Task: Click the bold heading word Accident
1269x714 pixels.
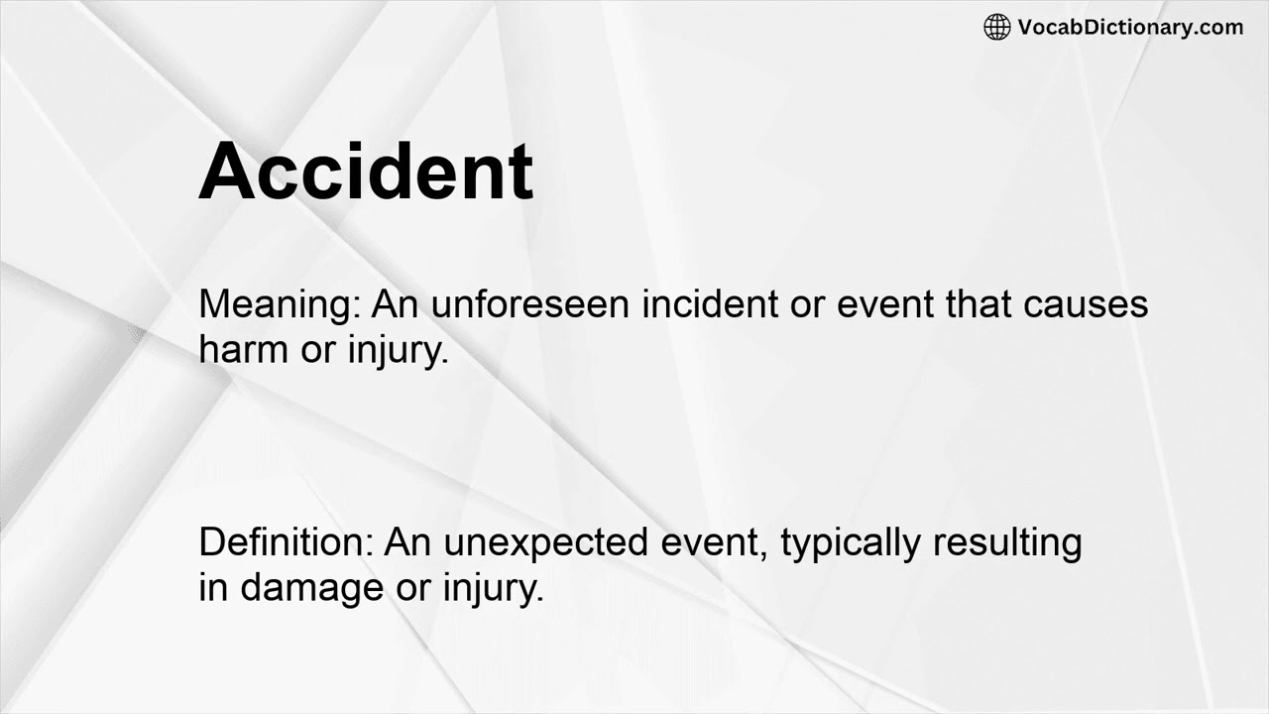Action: pos(366,173)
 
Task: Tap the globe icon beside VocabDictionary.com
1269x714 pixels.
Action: pos(996,27)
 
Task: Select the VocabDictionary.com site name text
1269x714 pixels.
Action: pos(1130,27)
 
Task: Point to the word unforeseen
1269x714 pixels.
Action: pos(530,303)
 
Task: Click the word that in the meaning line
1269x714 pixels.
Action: pos(977,303)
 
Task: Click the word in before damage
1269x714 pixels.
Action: pos(213,588)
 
